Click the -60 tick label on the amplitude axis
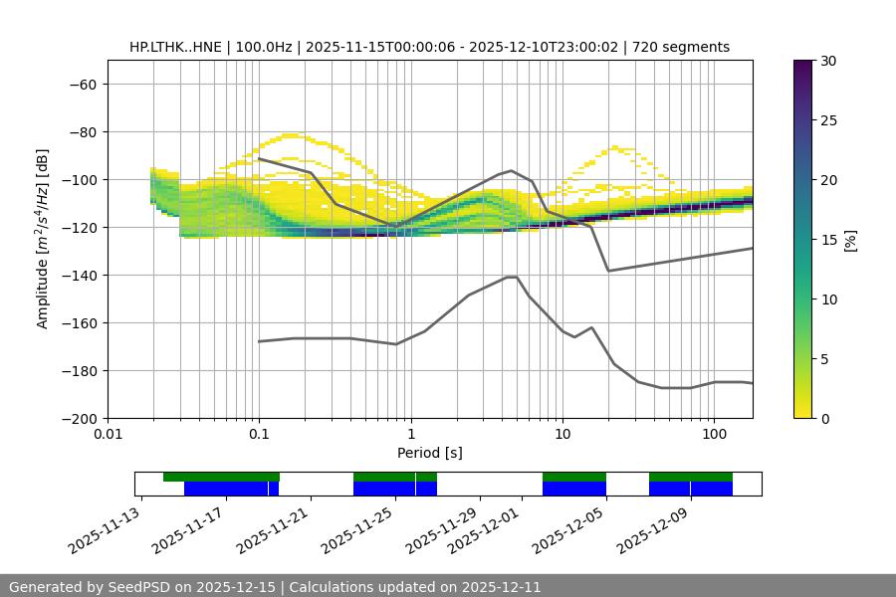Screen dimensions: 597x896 point(83,85)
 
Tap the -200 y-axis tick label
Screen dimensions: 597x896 point(79,419)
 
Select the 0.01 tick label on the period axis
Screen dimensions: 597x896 point(108,436)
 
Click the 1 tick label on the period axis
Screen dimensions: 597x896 point(410,436)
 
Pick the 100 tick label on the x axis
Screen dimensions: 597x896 point(713,436)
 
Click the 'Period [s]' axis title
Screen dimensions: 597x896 point(430,454)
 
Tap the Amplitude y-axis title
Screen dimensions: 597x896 point(43,240)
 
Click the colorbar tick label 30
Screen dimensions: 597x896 point(829,61)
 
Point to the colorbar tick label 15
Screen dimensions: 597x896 point(829,240)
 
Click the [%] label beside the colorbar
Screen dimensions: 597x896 point(850,240)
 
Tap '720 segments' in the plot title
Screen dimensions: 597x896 point(687,47)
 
